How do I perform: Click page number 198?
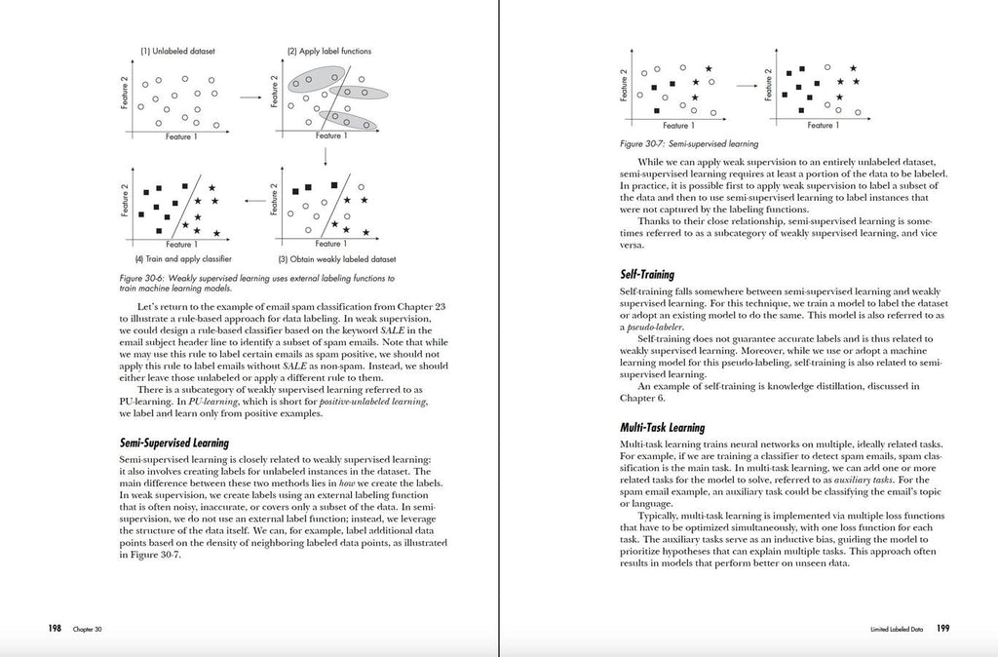click(x=55, y=629)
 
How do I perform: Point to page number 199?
click(x=943, y=629)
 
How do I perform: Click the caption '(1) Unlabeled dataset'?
click(x=177, y=51)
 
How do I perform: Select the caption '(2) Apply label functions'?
click(x=328, y=51)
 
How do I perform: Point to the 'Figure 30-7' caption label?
click(x=642, y=143)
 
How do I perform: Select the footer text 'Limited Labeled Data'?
click(x=897, y=630)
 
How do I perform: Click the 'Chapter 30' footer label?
click(x=87, y=630)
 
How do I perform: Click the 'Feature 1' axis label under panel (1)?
click(x=178, y=136)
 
